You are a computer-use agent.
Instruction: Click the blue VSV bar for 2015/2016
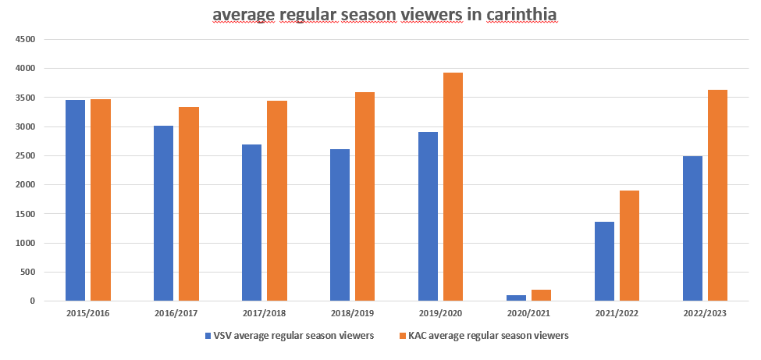(75, 200)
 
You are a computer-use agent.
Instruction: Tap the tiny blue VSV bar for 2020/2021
(516, 298)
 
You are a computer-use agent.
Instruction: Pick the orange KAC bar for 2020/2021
(542, 295)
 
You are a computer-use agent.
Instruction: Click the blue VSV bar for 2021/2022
(604, 261)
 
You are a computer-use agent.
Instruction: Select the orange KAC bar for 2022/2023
(717, 195)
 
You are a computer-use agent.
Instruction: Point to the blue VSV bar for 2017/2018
(251, 223)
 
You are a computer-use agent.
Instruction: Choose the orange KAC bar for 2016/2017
(189, 204)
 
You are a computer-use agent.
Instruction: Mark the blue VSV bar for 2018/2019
(340, 225)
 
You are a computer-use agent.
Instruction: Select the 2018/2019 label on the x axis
(352, 312)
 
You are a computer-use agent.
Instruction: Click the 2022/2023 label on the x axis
(705, 312)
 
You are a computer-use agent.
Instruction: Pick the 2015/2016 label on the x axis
(87, 312)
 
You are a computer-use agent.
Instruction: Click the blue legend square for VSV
(208, 336)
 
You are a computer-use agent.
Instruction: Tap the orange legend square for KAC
(403, 336)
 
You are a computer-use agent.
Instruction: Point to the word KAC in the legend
(421, 336)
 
